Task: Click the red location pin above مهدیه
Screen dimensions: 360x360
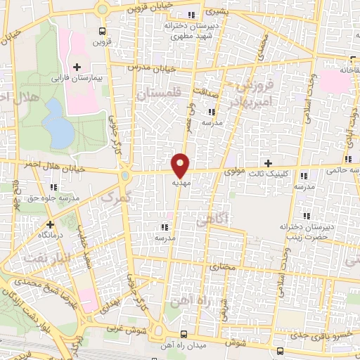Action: [181, 165]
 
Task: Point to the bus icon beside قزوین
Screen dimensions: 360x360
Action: [103, 31]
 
